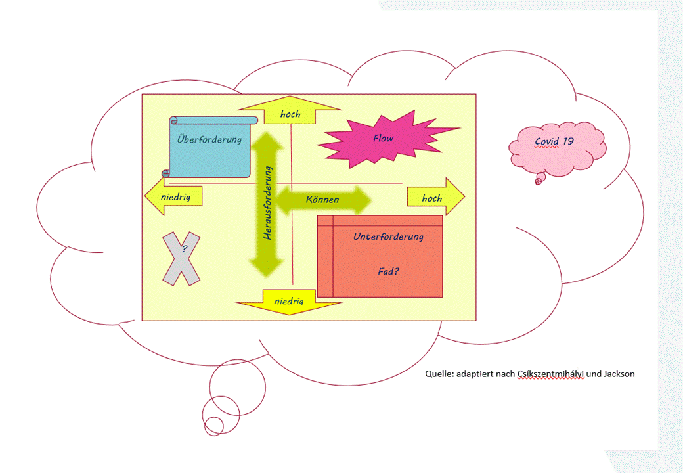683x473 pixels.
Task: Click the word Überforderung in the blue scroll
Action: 209,139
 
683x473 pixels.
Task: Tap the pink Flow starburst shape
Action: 383,139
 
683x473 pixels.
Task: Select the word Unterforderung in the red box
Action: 387,236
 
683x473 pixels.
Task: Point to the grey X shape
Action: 181,259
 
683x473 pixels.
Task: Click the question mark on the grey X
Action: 184,249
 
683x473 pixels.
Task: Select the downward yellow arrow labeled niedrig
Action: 289,302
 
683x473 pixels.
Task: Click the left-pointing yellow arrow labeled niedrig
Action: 172,196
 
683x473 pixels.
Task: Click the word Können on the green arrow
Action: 322,199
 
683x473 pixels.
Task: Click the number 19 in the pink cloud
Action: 569,141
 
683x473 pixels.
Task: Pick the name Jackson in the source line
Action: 619,374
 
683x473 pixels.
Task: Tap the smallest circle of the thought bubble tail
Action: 211,421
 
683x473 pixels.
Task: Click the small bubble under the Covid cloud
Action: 539,178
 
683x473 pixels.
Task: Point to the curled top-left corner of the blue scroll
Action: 174,121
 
